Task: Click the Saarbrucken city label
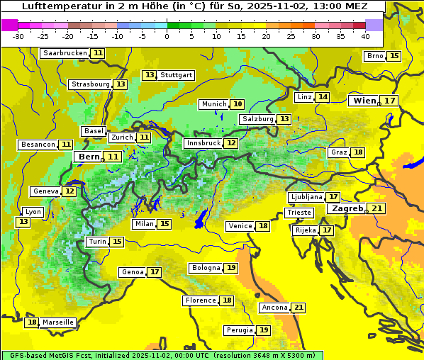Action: pyautogui.click(x=65, y=53)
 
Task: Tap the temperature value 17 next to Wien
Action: pyautogui.click(x=391, y=101)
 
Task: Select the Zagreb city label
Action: pyautogui.click(x=347, y=209)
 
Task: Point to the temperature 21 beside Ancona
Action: pyautogui.click(x=299, y=308)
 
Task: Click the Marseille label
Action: pyautogui.click(x=58, y=322)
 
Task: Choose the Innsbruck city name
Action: pyautogui.click(x=203, y=143)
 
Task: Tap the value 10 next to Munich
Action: pyautogui.click(x=238, y=104)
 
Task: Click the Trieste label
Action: pyautogui.click(x=299, y=213)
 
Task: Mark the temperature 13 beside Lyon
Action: pyautogui.click(x=23, y=222)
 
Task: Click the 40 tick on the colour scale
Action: pyautogui.click(x=365, y=36)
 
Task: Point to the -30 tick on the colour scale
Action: pyautogui.click(x=18, y=36)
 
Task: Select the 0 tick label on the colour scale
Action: pyautogui.click(x=167, y=36)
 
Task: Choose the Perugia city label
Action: pyautogui.click(x=238, y=330)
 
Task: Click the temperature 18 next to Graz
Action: pyautogui.click(x=359, y=152)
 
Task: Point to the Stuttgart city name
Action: pyautogui.click(x=177, y=75)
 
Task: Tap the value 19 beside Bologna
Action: pyautogui.click(x=231, y=268)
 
